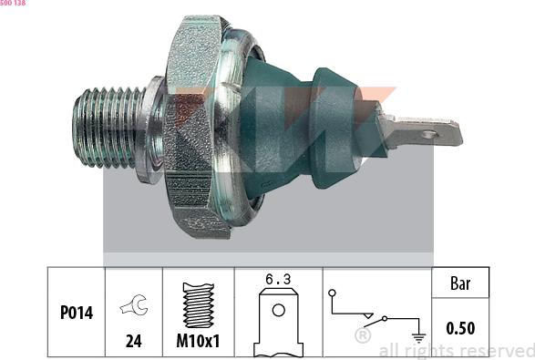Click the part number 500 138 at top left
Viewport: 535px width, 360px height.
(x=13, y=3)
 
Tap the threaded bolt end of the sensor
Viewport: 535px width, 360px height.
(x=108, y=128)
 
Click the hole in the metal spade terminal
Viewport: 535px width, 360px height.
(x=430, y=135)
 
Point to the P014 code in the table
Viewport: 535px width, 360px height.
(x=77, y=313)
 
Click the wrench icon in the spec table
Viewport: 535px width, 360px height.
(x=134, y=304)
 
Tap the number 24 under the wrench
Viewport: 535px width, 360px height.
(x=133, y=341)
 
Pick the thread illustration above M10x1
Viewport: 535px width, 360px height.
(x=199, y=305)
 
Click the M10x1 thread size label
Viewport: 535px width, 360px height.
(x=199, y=341)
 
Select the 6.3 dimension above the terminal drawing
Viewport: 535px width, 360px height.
(x=278, y=280)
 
